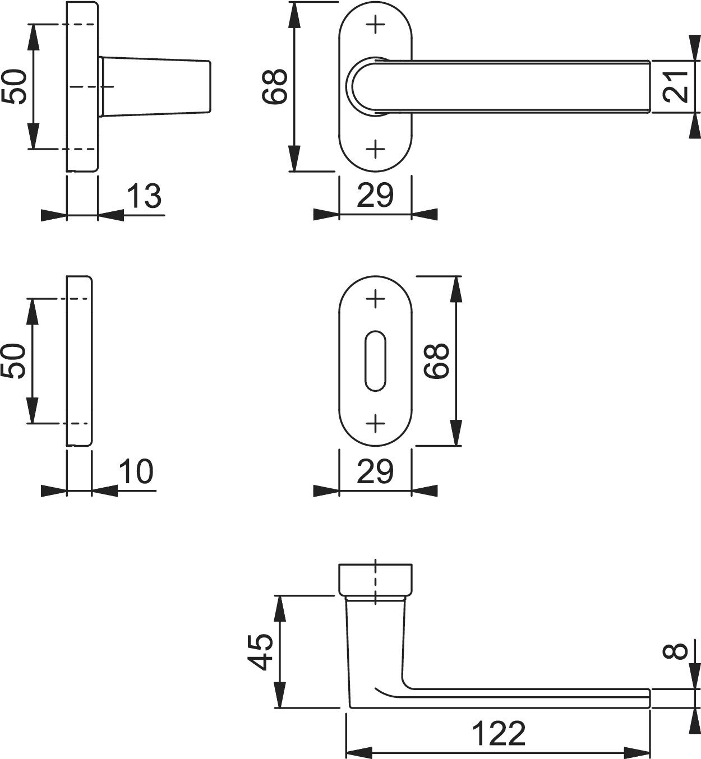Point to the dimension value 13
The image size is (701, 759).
(x=144, y=196)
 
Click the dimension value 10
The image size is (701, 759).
(x=136, y=471)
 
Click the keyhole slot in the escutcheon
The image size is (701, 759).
(x=375, y=361)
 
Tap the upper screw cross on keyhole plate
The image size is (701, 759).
(x=375, y=298)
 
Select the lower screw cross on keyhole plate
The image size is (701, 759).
(x=375, y=423)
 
